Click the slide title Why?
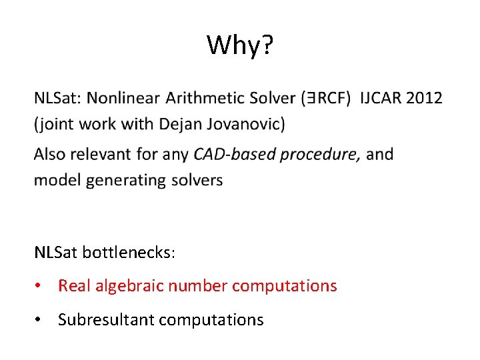239,45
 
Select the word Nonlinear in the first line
123,99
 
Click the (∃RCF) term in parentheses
325,99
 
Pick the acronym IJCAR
381,99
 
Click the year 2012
424,99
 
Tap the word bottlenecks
129,253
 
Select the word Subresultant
100,320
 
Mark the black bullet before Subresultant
41,320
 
